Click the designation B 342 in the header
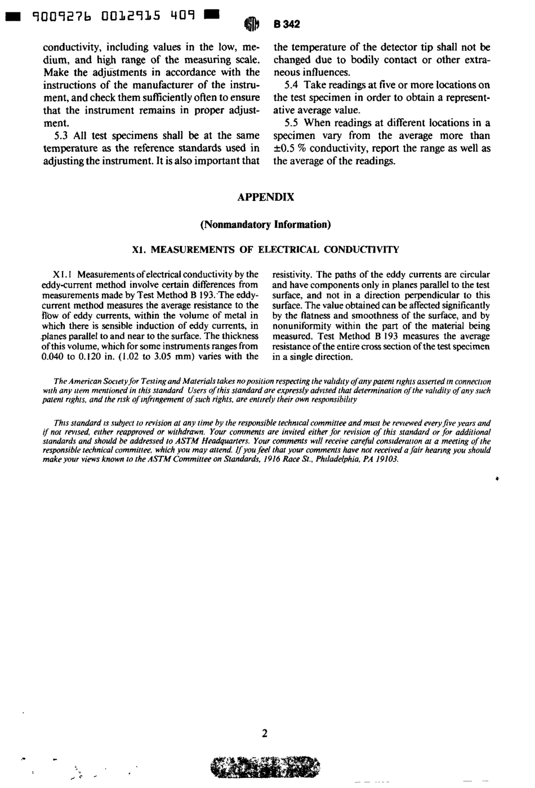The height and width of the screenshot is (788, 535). tap(287, 24)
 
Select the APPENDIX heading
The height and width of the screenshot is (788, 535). tap(265, 197)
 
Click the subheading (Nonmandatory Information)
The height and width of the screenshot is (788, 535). tap(265, 225)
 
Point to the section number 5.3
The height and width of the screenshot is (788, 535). tap(62, 136)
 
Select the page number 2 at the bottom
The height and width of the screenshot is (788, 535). tap(265, 733)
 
